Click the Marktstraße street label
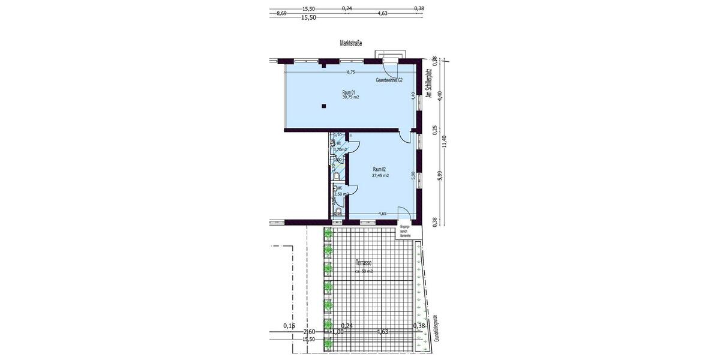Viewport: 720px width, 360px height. [x=351, y=43]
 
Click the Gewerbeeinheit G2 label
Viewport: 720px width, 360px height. [x=389, y=80]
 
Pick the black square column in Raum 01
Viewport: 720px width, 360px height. [x=323, y=106]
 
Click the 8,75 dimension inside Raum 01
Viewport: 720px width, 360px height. [x=351, y=72]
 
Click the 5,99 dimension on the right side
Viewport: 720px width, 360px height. [x=439, y=177]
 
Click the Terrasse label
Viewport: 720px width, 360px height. [x=364, y=263]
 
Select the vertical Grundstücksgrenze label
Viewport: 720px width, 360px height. [x=435, y=328]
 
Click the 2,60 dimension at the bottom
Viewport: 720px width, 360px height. [x=310, y=332]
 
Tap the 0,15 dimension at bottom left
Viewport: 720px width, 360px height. [x=289, y=326]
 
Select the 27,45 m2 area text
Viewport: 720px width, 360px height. [x=380, y=176]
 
